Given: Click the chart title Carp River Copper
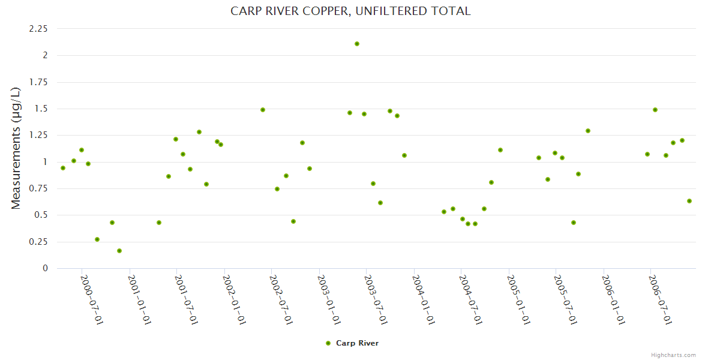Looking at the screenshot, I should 350,11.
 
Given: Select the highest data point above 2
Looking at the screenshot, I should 357,44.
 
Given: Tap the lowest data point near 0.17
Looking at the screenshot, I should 119,251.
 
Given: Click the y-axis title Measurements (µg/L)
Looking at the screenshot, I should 16,148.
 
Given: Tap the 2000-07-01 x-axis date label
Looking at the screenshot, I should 92,299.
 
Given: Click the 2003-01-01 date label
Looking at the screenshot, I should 329,299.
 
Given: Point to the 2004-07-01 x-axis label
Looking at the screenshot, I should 471,299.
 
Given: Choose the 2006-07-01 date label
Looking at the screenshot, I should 661,299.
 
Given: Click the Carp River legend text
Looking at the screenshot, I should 357,343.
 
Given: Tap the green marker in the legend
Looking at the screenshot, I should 328,343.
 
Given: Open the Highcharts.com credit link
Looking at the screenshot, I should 674,355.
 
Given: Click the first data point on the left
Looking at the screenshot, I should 63,168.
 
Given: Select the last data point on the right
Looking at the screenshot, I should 689,201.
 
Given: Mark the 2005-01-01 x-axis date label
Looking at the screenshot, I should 519,299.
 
